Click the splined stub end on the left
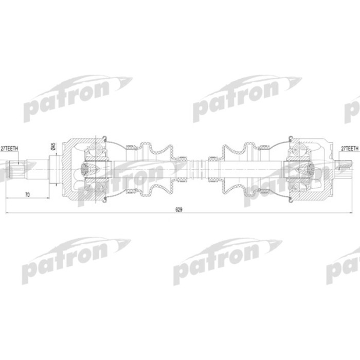[x=16, y=168]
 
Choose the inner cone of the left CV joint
[x=87, y=168]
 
